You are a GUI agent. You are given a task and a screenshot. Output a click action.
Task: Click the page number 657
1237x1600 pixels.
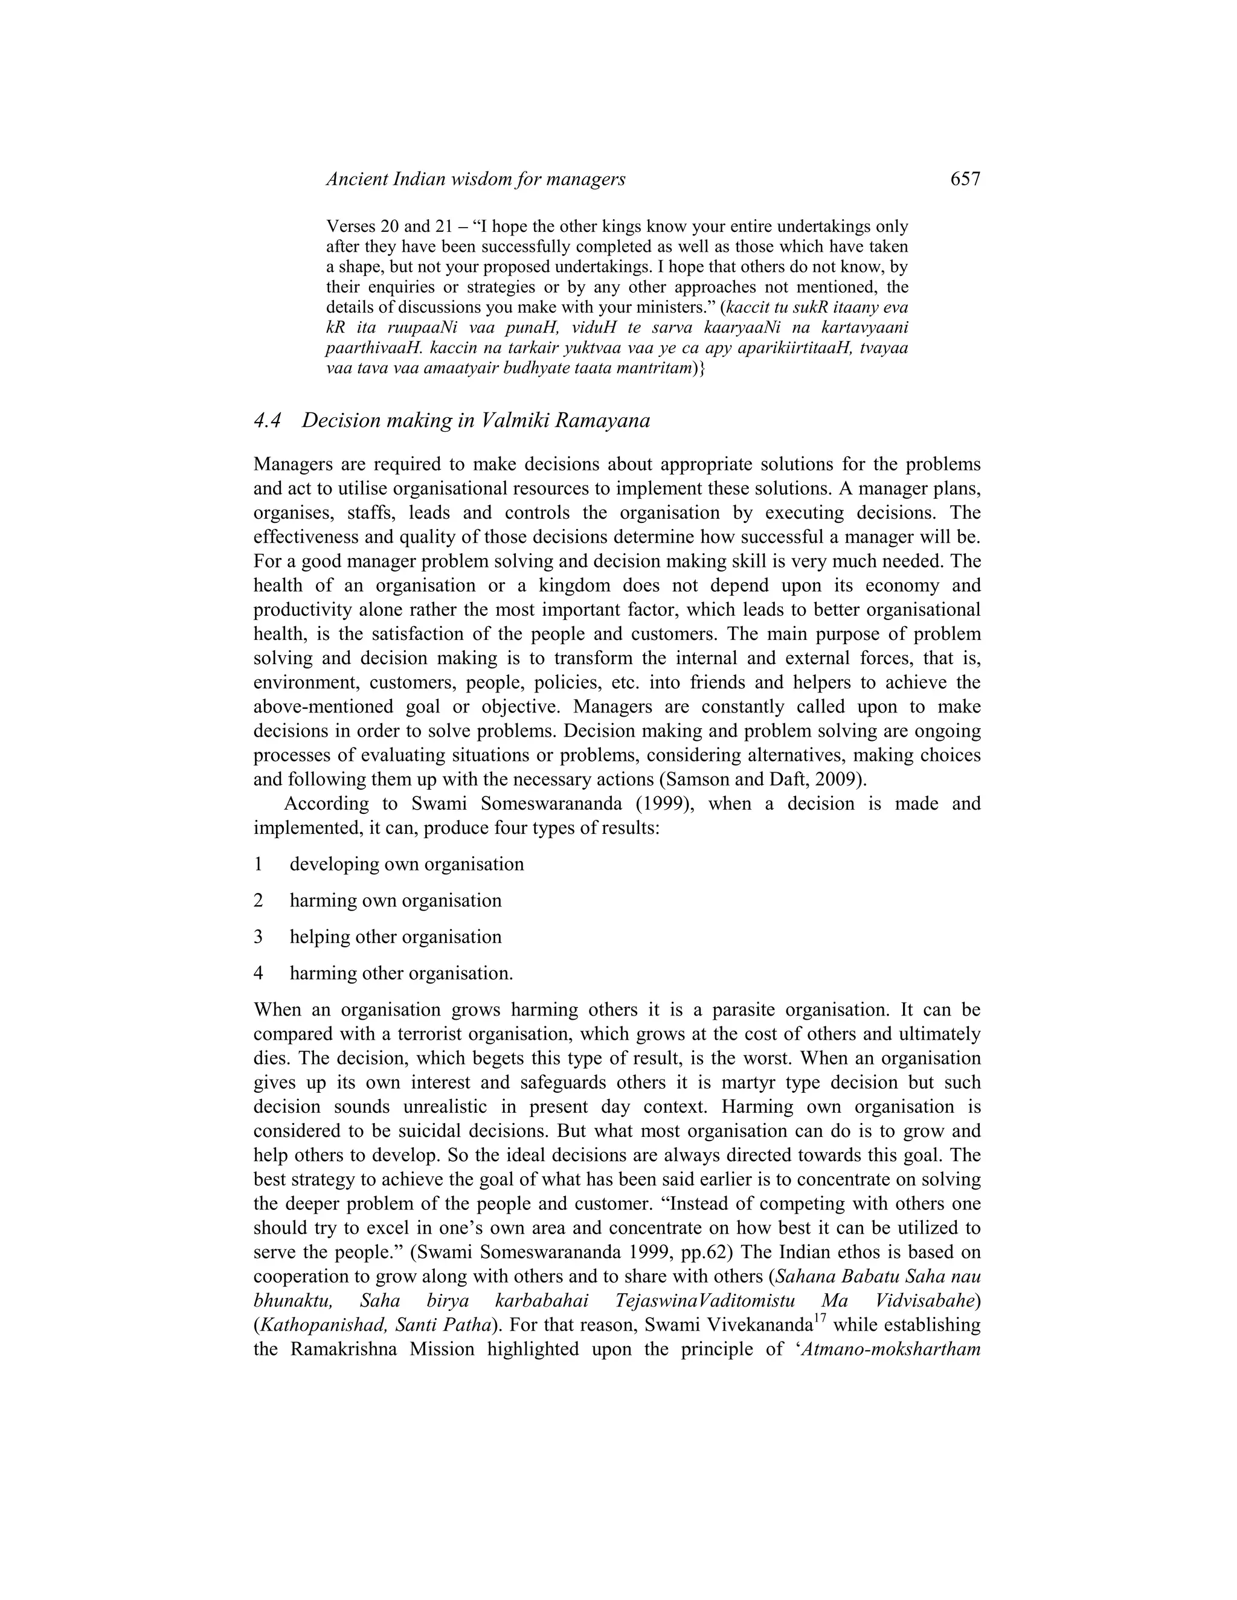point(965,179)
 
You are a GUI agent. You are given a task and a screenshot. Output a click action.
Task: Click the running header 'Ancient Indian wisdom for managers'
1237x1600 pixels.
point(475,179)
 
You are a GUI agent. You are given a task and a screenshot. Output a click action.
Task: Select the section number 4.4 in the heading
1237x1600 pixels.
point(268,420)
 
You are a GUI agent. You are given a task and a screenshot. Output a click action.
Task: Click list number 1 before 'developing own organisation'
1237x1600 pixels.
point(259,865)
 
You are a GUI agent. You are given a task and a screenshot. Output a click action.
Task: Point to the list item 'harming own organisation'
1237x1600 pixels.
point(396,900)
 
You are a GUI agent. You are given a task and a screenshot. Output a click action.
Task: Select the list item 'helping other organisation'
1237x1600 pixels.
point(396,937)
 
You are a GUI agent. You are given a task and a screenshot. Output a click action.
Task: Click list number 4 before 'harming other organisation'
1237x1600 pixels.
point(259,974)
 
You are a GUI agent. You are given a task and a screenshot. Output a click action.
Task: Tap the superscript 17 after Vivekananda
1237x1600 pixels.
point(821,1319)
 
